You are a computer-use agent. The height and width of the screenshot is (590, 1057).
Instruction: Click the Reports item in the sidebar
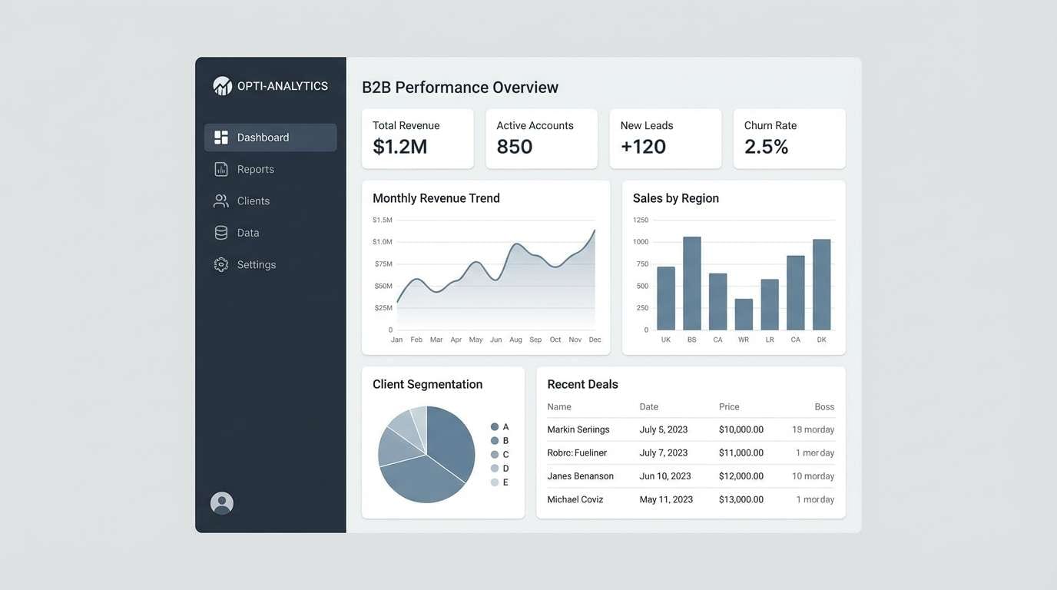coord(255,169)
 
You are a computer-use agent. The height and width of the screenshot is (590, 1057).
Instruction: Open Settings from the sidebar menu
coord(256,264)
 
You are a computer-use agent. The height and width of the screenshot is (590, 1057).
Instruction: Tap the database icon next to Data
coord(221,233)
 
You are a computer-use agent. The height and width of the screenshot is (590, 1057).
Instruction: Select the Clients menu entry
coord(253,201)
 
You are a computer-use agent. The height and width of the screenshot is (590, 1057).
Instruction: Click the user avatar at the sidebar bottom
coord(222,503)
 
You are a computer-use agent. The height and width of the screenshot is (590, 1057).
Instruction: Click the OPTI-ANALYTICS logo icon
coord(222,86)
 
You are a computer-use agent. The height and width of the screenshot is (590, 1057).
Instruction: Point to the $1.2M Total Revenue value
coord(399,147)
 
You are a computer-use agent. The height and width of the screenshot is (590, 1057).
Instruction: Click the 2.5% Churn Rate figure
coord(766,147)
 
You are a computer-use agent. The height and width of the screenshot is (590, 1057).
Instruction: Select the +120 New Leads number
coord(643,147)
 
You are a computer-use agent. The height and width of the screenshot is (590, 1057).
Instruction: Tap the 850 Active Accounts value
coord(514,147)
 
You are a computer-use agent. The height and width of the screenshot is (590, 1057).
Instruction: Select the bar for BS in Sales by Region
coord(692,283)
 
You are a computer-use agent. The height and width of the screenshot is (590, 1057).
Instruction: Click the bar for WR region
coord(744,314)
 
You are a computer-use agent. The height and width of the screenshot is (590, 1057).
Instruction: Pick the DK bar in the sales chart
coord(821,285)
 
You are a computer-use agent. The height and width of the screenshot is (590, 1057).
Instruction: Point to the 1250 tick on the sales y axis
coord(641,220)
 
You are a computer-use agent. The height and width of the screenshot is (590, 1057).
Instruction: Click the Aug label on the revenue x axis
coord(515,340)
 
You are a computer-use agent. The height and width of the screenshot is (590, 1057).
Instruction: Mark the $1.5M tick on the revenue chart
coord(382,220)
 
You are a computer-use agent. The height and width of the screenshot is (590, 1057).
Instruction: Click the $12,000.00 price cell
coord(741,476)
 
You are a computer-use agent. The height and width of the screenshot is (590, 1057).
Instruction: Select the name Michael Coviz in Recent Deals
coord(575,499)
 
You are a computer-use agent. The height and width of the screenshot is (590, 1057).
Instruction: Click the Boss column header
coord(823,407)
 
